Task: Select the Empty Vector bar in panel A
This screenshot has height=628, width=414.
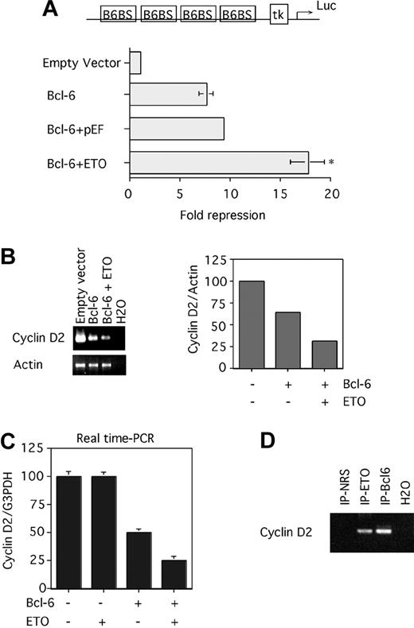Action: (x=135, y=63)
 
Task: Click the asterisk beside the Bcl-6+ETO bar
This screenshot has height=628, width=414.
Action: (x=330, y=162)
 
